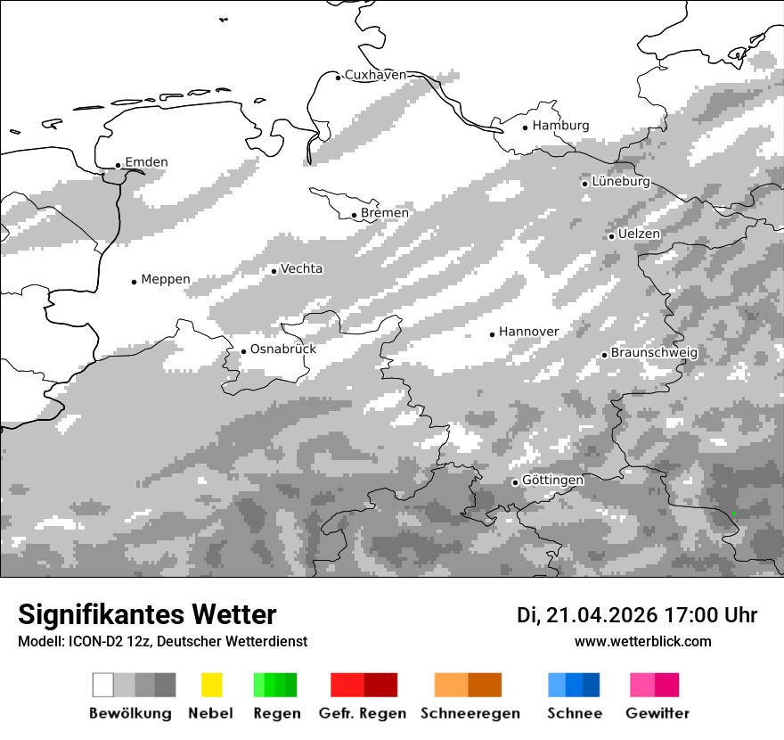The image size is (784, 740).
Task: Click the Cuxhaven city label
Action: (x=375, y=75)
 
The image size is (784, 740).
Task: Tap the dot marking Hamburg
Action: (x=526, y=127)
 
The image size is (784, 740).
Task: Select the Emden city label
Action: (x=146, y=162)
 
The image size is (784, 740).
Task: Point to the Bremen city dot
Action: (x=355, y=215)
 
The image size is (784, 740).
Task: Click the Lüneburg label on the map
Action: (x=621, y=182)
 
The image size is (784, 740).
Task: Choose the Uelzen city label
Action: (x=639, y=234)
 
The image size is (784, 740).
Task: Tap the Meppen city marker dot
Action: (x=135, y=282)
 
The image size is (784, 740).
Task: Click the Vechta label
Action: (x=301, y=268)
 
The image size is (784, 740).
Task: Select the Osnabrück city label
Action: (x=282, y=349)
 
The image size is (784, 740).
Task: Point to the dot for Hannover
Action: (x=493, y=334)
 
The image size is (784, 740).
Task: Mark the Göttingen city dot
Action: (x=515, y=482)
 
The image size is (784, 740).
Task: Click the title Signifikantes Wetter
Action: (x=147, y=615)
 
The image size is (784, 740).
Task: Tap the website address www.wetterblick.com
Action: (x=643, y=642)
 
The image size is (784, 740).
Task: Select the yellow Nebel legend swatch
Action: (x=211, y=685)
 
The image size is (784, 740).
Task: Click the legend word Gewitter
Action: (x=657, y=713)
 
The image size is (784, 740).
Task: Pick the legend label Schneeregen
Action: (x=470, y=713)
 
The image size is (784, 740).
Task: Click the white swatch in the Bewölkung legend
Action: (x=103, y=685)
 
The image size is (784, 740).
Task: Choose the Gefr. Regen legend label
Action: (x=363, y=713)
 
